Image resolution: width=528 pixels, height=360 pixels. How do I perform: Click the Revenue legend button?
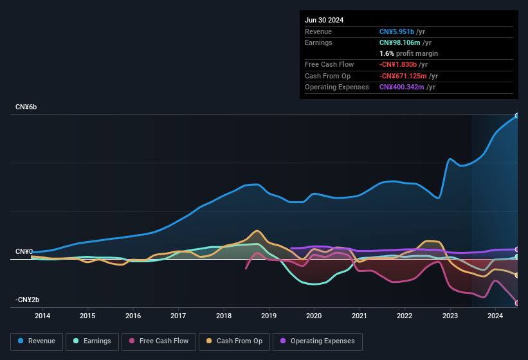pos(37,341)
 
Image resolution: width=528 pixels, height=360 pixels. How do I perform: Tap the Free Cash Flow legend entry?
pos(159,341)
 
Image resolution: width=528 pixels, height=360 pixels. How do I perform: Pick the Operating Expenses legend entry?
pos(317,341)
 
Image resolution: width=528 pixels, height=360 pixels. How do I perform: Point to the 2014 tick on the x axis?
pos(42,316)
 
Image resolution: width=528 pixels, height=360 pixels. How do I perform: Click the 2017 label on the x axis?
pos(178,316)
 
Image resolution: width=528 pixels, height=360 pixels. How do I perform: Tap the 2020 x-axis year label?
pos(314,316)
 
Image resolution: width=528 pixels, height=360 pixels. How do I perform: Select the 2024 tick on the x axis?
pos(495,316)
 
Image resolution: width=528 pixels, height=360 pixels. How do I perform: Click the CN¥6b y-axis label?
pos(26,107)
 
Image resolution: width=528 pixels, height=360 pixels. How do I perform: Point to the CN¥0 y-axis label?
pos(24,251)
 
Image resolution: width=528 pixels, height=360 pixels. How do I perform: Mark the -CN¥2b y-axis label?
pos(27,300)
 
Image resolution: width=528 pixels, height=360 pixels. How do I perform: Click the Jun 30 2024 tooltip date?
pos(324,20)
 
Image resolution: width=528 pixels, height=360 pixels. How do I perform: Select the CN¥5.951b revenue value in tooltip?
pos(401,32)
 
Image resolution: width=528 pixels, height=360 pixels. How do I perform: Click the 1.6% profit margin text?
pos(408,53)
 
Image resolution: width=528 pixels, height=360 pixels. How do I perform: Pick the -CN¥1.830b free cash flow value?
pos(403,65)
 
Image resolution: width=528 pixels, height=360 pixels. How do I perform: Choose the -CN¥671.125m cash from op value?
pos(408,76)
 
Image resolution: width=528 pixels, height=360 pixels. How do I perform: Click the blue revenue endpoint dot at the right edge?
pos(516,116)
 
